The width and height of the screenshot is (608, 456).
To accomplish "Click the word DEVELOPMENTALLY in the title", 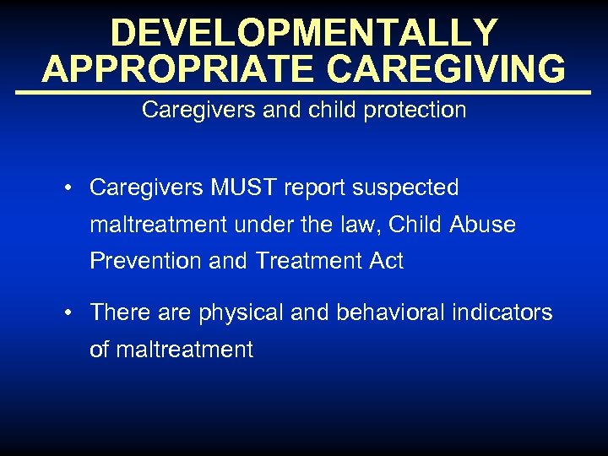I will point(304,33).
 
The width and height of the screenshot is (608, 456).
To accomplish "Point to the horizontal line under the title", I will point(304,91).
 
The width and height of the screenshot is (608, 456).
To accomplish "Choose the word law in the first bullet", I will point(372,225).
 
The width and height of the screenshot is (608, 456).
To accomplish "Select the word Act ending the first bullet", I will point(385,262).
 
